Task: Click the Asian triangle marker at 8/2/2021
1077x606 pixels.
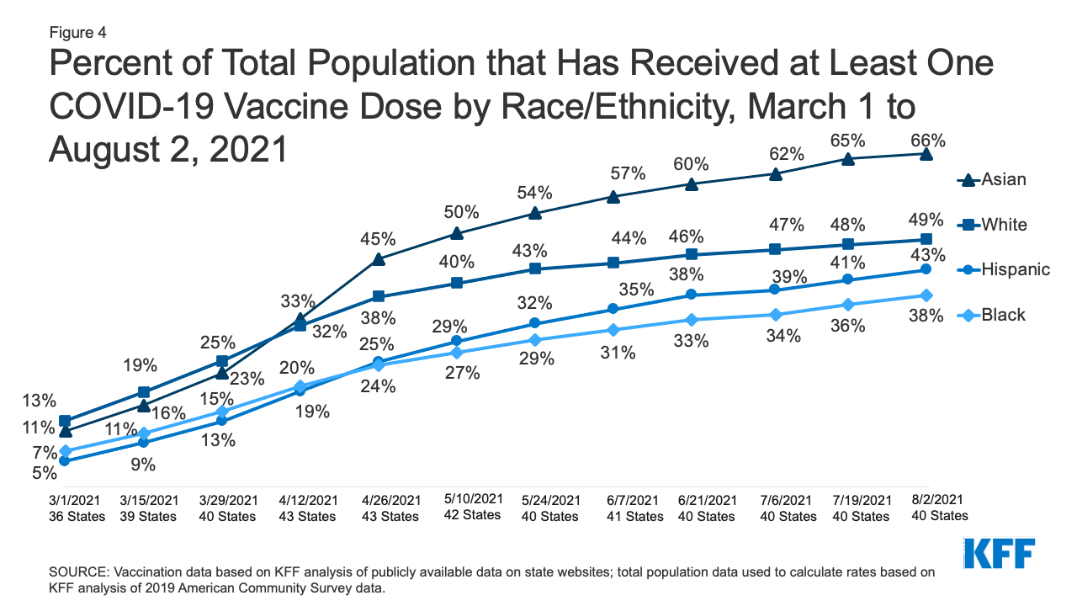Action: pyautogui.click(x=926, y=154)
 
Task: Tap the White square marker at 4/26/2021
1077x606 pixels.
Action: pyautogui.click(x=379, y=296)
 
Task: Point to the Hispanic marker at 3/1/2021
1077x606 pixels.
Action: pyautogui.click(x=65, y=460)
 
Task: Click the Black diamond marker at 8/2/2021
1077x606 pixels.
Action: pyautogui.click(x=926, y=295)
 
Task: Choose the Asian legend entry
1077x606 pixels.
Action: pyautogui.click(x=993, y=179)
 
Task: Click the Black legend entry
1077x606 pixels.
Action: pyautogui.click(x=993, y=315)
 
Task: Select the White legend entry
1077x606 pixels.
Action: pyautogui.click(x=993, y=225)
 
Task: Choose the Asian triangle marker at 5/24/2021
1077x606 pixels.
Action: pyautogui.click(x=534, y=213)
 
